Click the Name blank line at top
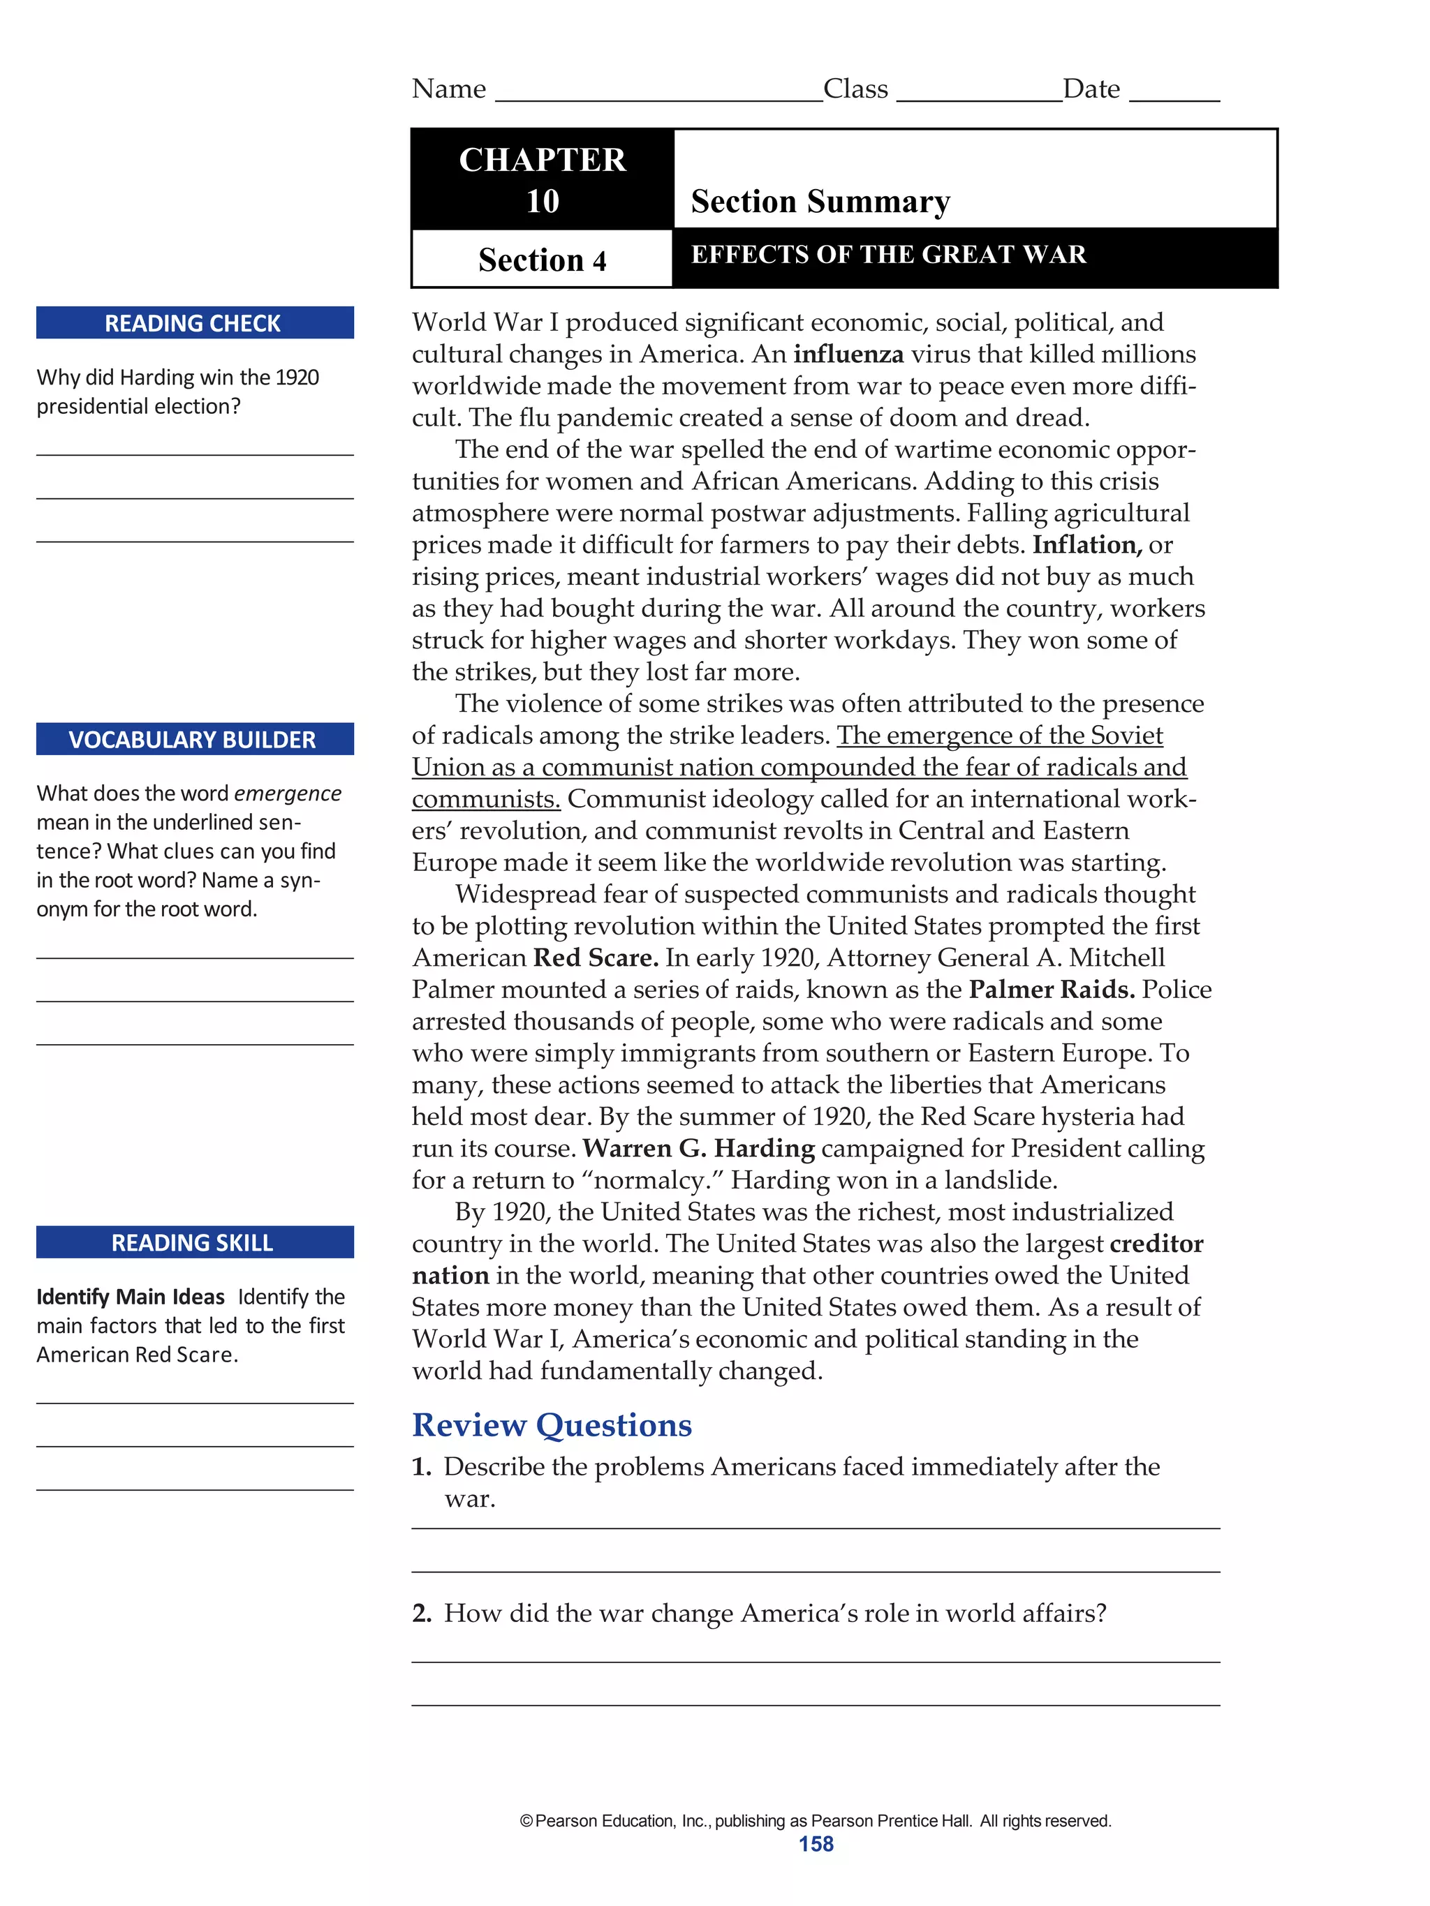tap(658, 95)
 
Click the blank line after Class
tap(978, 95)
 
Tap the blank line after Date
tap(1173, 95)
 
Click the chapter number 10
tap(542, 201)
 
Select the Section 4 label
tap(542, 260)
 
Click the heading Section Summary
tap(820, 201)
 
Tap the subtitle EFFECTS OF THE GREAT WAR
tap(888, 254)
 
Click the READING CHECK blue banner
tap(194, 323)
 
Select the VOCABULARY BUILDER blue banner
tap(194, 739)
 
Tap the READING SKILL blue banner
tap(194, 1242)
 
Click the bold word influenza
tap(848, 354)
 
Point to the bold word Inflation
tap(1086, 544)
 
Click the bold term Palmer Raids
tap(1051, 989)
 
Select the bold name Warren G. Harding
tap(698, 1148)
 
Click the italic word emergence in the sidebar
tap(288, 794)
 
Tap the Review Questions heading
tap(552, 1425)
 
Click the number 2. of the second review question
tap(422, 1613)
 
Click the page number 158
tap(816, 1844)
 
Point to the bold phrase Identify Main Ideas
tap(130, 1297)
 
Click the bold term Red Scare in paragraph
tap(596, 958)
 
